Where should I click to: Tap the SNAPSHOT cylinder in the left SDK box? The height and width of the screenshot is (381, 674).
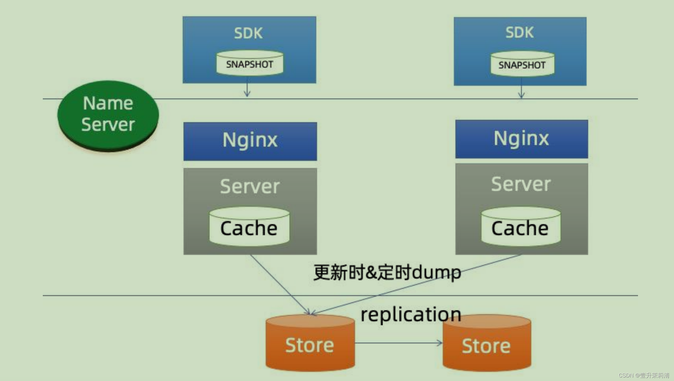(x=250, y=63)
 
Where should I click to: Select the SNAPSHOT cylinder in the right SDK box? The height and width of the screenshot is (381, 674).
(x=522, y=64)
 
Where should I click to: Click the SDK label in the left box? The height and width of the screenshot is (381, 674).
(x=248, y=33)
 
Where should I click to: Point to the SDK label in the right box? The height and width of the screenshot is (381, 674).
(x=519, y=32)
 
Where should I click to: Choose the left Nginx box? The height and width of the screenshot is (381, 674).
(x=250, y=141)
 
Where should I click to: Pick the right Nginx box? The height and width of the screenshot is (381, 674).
(x=521, y=139)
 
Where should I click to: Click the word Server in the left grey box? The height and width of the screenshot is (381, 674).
(x=250, y=186)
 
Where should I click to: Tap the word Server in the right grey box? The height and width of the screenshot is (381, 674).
(x=521, y=184)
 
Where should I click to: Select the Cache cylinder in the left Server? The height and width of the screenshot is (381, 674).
(x=249, y=227)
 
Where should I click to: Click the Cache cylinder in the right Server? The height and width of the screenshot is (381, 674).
(x=520, y=227)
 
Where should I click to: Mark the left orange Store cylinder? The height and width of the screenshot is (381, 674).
(x=310, y=344)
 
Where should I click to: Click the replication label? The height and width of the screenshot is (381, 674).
(x=411, y=314)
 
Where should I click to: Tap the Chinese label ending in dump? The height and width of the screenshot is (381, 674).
(x=387, y=272)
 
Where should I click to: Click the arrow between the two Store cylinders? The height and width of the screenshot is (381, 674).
(x=398, y=343)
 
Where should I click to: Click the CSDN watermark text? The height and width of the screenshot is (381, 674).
(x=644, y=375)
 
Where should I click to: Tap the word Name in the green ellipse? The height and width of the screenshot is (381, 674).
(x=108, y=104)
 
